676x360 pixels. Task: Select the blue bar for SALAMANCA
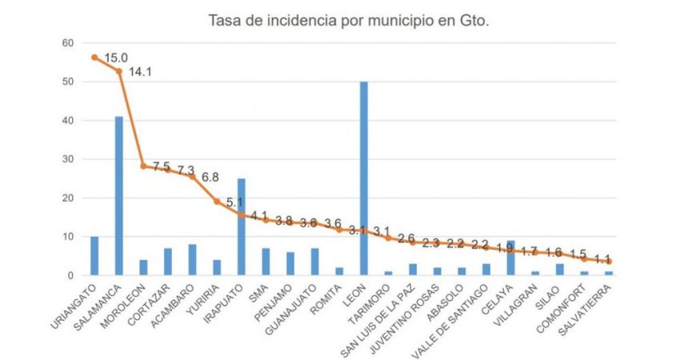(x=118, y=196)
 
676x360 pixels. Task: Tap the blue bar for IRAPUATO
(x=242, y=227)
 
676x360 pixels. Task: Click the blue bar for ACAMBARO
(x=192, y=260)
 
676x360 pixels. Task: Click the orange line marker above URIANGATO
(x=94, y=58)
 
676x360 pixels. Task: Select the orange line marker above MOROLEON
(x=143, y=166)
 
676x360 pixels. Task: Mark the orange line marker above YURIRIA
(x=217, y=202)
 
